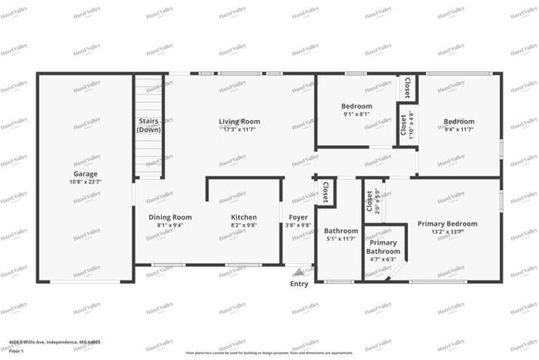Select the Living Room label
(240, 122)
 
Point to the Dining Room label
(170, 216)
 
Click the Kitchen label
(244, 216)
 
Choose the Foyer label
(299, 216)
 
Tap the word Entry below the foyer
(299, 284)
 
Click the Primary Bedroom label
(447, 224)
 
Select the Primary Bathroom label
(384, 246)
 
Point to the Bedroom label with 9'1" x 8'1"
(357, 106)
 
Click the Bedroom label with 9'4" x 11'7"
(459, 121)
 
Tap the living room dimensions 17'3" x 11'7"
(240, 130)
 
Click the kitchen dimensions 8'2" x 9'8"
(244, 225)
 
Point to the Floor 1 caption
(17, 351)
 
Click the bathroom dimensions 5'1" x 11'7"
(340, 239)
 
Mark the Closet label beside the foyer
(325, 192)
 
